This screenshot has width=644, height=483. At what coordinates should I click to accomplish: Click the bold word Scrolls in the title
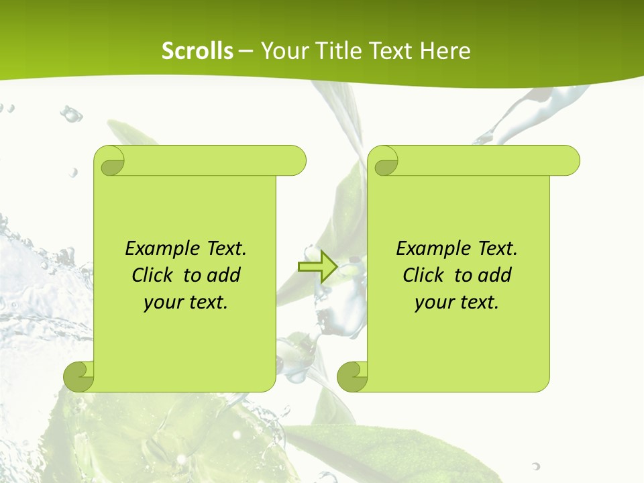click(198, 51)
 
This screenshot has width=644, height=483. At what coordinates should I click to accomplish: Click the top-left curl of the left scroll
click(111, 161)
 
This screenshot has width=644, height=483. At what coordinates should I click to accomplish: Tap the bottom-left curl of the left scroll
click(79, 376)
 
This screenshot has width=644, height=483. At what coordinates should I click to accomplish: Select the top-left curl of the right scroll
click(385, 161)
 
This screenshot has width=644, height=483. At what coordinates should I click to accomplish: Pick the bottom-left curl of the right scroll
click(353, 376)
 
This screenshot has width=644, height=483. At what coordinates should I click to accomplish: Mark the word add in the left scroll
click(223, 275)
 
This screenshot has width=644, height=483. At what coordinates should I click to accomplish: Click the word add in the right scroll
click(494, 275)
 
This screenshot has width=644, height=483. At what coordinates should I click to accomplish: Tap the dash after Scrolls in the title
click(246, 51)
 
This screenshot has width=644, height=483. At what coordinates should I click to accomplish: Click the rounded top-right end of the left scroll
click(296, 161)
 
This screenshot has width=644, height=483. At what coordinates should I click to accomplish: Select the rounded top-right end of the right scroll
click(570, 161)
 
